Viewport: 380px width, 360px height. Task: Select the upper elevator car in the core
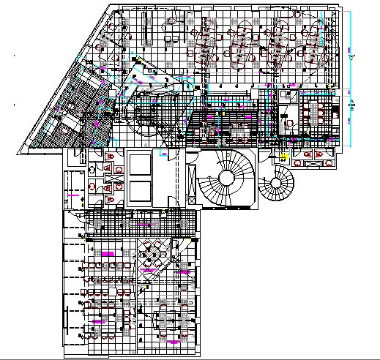pyautogui.click(x=139, y=165)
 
